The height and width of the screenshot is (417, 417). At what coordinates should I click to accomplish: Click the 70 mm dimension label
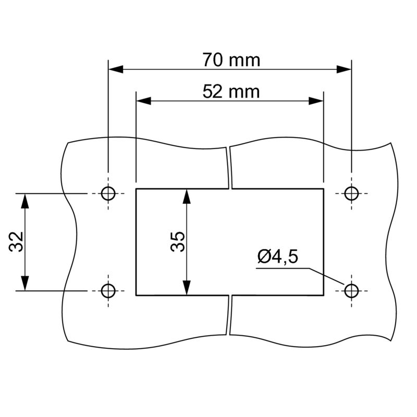[231, 60]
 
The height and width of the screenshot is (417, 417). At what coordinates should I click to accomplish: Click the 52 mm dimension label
[231, 92]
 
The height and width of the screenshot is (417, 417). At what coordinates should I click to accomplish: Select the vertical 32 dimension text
[17, 241]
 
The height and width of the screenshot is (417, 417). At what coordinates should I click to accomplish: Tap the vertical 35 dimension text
[178, 241]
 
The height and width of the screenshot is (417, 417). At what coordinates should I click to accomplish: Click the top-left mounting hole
[108, 193]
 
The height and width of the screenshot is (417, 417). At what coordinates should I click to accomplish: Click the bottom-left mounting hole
[108, 290]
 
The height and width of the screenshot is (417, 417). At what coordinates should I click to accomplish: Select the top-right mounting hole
[352, 193]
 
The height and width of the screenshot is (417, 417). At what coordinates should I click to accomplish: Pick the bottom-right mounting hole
[352, 290]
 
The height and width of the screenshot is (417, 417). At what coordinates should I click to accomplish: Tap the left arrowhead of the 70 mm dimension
[115, 69]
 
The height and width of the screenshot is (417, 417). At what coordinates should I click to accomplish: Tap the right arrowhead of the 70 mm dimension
[345, 69]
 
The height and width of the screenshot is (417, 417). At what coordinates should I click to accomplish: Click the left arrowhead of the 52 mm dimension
[143, 101]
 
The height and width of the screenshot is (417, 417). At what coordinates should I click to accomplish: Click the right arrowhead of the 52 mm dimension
[317, 101]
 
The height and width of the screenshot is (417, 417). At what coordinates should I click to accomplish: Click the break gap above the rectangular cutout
[229, 167]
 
